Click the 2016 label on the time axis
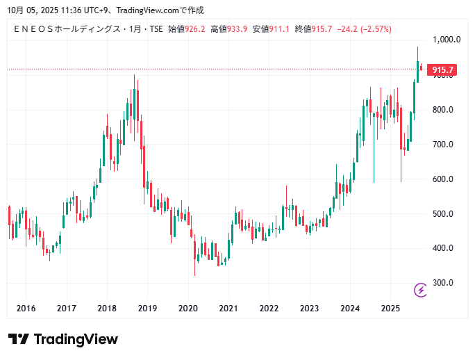(x=26, y=309)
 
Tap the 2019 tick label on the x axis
(x=147, y=309)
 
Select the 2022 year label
(x=269, y=309)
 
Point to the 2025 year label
(x=390, y=309)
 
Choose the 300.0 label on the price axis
(x=442, y=283)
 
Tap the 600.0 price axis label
(x=442, y=179)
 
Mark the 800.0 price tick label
(x=442, y=110)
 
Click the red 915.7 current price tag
(x=442, y=70)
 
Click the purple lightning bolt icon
(x=420, y=289)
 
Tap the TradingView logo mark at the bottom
(x=19, y=339)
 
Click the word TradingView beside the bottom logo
(x=76, y=339)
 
